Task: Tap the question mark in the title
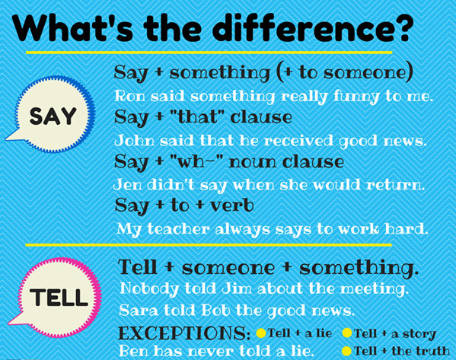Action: pos(403,28)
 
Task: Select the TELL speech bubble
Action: pos(56,297)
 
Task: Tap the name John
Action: pos(134,141)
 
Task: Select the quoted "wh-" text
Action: pos(194,161)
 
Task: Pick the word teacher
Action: pos(179,229)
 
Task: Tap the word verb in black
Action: pos(231,205)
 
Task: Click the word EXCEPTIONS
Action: pos(184,333)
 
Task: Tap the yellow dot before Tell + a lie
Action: pos(261,333)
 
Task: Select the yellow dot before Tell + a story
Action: pos(347,333)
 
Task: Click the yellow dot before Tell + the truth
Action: pos(346,351)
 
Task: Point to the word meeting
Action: pos(373,289)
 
